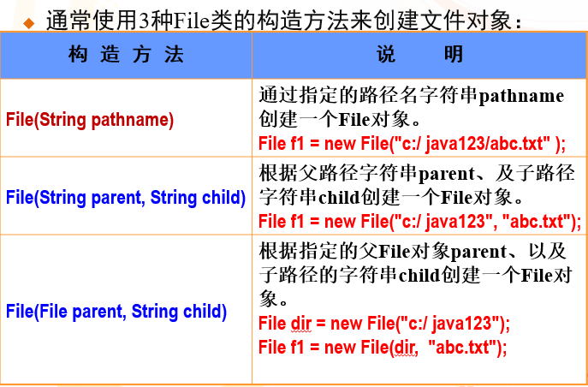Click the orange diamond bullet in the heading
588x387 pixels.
point(29,24)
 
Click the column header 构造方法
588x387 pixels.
point(126,55)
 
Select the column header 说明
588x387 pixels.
point(419,55)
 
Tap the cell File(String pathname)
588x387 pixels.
point(90,120)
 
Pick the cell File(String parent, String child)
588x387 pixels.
point(126,198)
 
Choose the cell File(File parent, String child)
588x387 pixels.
point(116,312)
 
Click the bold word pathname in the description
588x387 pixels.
point(521,97)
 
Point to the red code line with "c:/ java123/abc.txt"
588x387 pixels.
point(413,144)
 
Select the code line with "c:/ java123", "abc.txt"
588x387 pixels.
point(420,221)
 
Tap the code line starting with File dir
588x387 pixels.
point(384,324)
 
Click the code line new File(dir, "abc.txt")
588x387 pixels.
point(383,348)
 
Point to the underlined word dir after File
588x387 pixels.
point(301,324)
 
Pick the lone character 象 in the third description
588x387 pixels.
point(268,298)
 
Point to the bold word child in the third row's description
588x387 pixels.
point(419,276)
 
